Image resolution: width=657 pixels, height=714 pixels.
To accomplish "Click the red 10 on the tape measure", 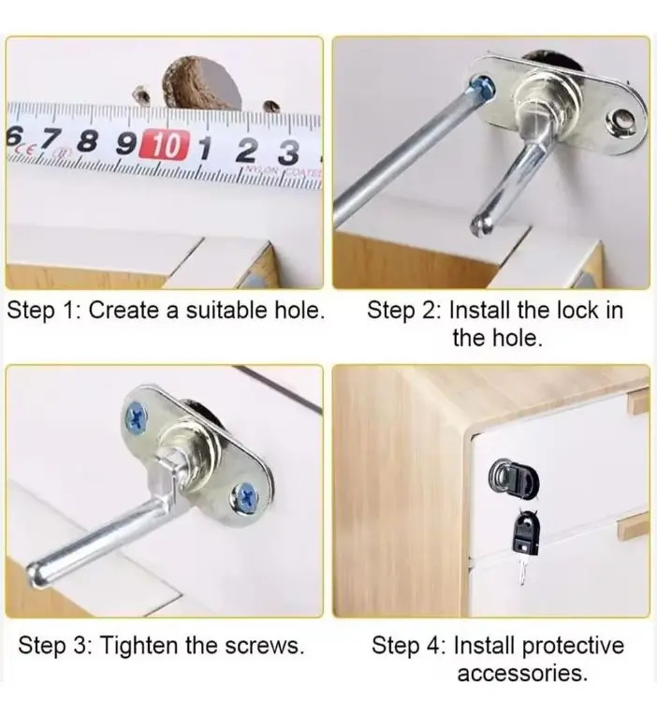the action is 164,146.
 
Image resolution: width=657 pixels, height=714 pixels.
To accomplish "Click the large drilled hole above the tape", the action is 202,83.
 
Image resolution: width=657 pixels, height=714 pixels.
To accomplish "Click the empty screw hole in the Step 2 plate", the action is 623,121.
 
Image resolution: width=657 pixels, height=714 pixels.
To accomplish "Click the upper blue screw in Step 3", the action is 137,416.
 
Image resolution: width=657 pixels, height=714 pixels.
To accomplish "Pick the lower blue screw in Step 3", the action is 246,498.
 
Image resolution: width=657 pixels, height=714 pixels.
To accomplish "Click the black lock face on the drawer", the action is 513,478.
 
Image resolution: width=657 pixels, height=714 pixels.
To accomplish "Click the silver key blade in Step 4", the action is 522,571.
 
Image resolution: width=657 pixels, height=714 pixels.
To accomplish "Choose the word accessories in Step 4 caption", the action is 522,673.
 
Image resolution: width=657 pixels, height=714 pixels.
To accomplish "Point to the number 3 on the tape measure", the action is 288,153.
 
